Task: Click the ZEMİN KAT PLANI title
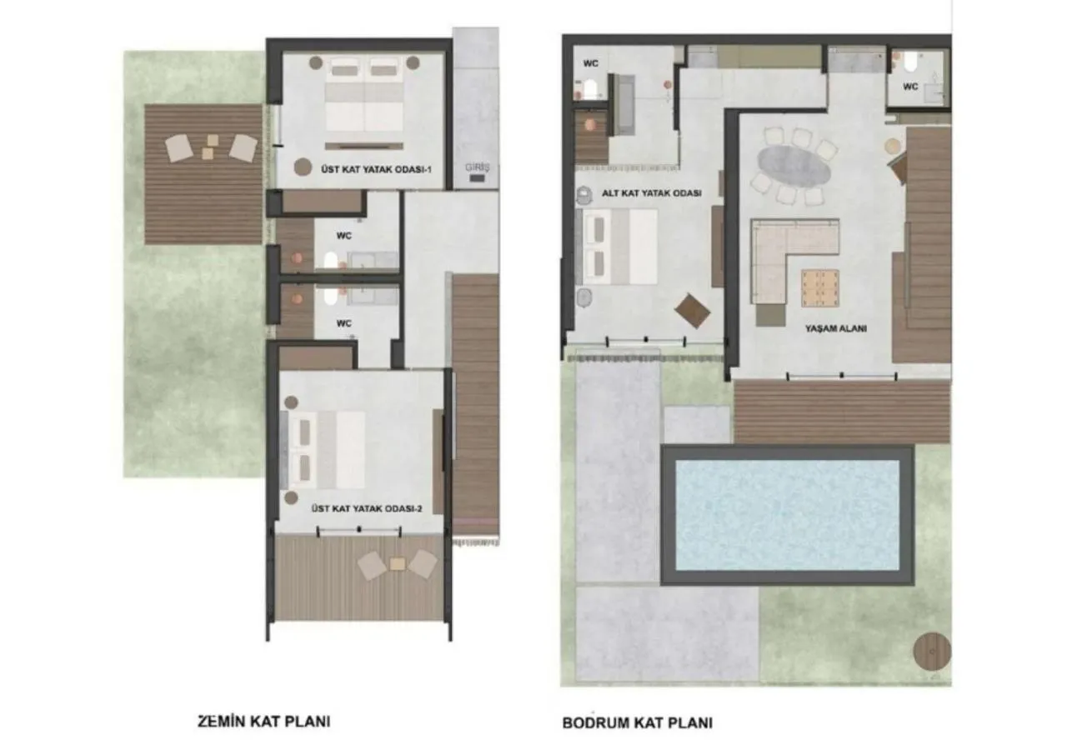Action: point(263,721)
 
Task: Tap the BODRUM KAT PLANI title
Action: point(637,722)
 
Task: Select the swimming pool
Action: point(787,514)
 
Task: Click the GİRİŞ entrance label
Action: point(479,167)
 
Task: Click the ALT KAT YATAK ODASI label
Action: point(651,192)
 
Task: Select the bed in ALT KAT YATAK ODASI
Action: point(621,243)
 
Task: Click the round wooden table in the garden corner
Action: point(931,651)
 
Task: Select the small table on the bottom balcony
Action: point(398,564)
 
